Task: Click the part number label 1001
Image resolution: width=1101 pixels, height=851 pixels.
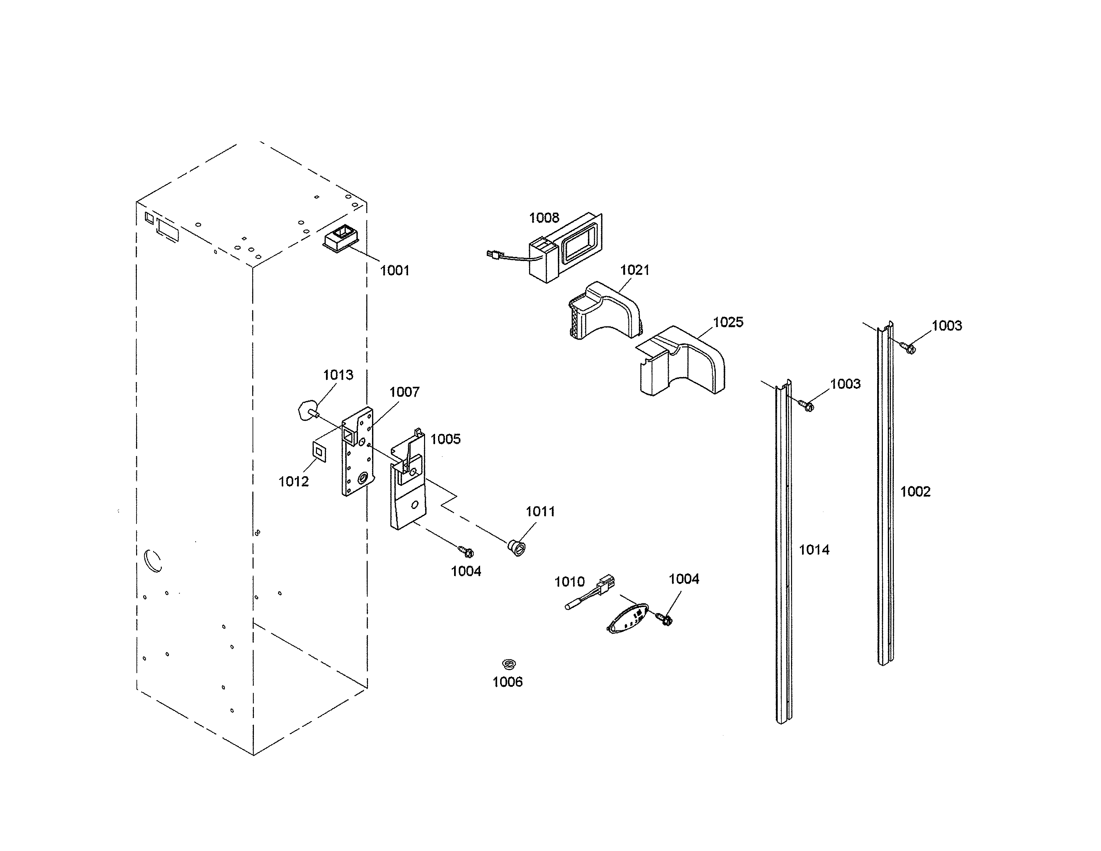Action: (394, 271)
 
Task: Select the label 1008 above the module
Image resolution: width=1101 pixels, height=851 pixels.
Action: (544, 218)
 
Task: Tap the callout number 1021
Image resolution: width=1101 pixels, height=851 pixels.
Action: (634, 270)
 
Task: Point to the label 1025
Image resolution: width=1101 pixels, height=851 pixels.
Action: (728, 322)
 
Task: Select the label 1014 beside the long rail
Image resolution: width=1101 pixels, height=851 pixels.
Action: (814, 550)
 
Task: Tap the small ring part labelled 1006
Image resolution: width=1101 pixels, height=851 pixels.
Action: (509, 663)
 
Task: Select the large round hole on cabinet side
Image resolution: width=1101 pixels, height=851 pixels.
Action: (153, 561)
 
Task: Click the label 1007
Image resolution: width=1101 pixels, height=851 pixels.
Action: (404, 392)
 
